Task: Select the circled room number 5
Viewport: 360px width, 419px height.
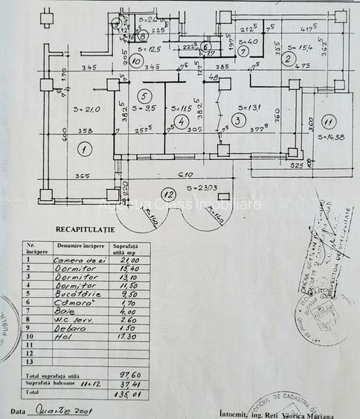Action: [x=145, y=95]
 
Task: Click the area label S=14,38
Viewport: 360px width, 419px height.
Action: [x=331, y=138]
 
